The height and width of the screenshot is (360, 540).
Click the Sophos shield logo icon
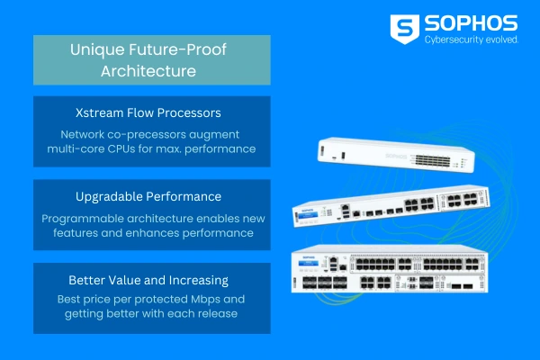coord(405,30)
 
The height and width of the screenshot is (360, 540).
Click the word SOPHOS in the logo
coord(471,23)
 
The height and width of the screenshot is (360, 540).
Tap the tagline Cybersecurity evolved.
coord(471,40)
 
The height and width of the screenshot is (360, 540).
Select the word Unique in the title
coord(97,50)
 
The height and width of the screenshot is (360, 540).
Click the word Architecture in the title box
coord(148,71)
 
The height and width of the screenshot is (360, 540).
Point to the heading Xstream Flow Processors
coord(148,113)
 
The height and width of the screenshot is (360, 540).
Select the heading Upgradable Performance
coord(148,197)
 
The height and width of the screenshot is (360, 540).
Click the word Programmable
coord(83,219)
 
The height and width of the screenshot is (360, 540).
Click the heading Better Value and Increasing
coord(148,281)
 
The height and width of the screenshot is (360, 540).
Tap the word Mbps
coord(205,300)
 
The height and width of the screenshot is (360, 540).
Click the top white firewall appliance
coord(396,155)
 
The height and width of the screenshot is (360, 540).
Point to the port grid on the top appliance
coord(433,160)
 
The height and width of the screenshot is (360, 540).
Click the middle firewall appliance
coord(391,206)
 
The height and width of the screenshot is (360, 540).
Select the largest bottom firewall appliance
coord(390,269)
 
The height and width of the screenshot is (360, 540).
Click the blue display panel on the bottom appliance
coord(308,264)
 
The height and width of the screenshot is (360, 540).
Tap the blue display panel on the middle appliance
coord(308,216)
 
